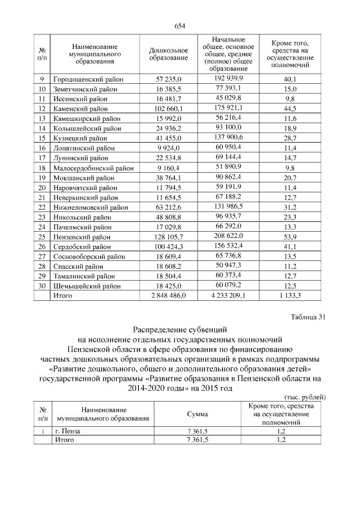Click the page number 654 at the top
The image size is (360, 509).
[179, 25]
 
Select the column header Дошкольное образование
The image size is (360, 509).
[168, 55]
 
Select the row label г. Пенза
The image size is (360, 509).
[68, 431]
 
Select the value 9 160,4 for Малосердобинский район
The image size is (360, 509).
[168, 167]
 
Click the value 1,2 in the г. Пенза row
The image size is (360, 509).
[281, 431]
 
